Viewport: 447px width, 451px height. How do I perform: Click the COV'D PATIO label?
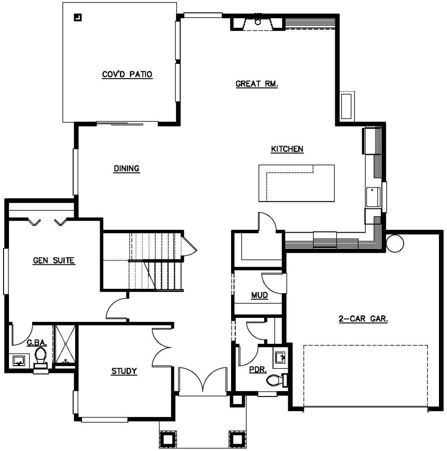coord(127,75)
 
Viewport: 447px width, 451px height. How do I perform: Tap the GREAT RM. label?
coord(257,84)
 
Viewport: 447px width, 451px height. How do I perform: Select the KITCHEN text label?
coord(287,149)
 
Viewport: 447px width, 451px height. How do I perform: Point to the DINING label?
coord(127,168)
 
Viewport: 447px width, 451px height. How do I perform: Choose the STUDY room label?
coord(124,371)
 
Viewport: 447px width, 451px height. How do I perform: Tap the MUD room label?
coord(259,295)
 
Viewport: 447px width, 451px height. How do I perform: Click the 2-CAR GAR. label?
coord(363,319)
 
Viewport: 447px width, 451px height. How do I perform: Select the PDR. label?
coord(258,370)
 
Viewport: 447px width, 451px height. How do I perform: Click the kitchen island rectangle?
coord(296,183)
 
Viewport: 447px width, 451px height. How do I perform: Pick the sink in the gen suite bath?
coord(19,360)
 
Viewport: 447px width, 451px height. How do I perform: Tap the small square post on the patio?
coord(78,18)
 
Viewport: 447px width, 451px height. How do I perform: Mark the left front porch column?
coord(168,438)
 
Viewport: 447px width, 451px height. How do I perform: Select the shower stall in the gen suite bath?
coord(65,345)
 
